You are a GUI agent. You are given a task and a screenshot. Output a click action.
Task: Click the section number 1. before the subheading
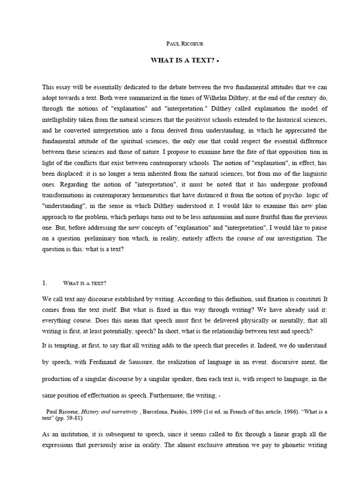point(45,283)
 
